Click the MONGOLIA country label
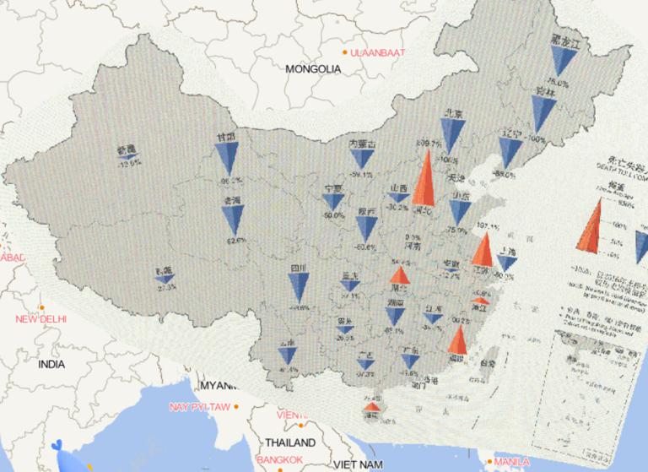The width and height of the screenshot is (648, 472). tap(313, 69)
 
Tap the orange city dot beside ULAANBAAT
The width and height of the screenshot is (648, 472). tap(344, 53)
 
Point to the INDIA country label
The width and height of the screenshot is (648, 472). tap(51, 365)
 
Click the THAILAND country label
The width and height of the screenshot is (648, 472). tap(289, 442)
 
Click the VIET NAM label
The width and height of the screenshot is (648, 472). tap(359, 464)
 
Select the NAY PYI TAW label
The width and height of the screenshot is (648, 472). tap(201, 407)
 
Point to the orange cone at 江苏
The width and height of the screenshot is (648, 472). tap(483, 250)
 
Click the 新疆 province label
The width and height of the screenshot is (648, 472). tap(127, 150)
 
